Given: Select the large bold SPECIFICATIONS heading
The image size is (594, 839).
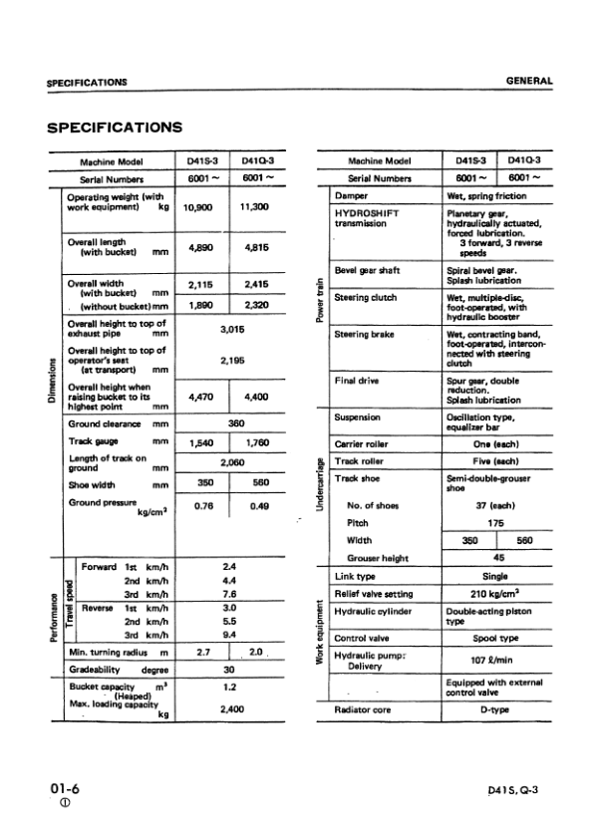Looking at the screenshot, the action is click(115, 128).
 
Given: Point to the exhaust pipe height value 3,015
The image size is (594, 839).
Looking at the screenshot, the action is click(228, 326).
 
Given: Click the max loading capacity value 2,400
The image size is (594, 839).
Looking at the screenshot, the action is click(228, 709).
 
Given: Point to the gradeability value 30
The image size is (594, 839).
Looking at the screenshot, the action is click(228, 670).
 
